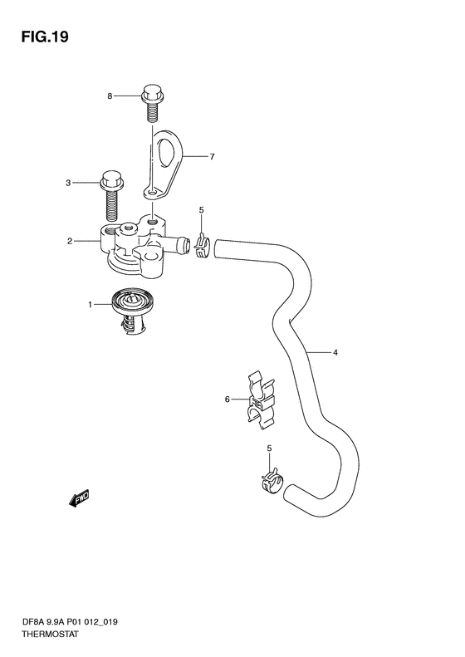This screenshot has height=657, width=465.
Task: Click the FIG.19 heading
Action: click(45, 37)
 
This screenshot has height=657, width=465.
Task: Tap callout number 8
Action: click(110, 96)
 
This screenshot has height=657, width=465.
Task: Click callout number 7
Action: click(212, 157)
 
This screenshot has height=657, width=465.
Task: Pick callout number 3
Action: click(68, 183)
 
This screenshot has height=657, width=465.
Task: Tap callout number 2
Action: click(70, 241)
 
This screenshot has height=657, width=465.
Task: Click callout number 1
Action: click(90, 305)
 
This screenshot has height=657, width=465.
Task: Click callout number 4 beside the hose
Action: click(335, 353)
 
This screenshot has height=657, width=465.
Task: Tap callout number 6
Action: click(227, 400)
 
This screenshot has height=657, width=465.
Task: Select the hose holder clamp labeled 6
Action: click(261, 400)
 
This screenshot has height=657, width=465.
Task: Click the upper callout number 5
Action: click(201, 210)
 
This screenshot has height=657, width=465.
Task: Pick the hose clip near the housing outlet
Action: click(202, 246)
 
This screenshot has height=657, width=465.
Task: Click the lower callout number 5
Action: click(269, 449)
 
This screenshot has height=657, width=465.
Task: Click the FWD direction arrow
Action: click(79, 498)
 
